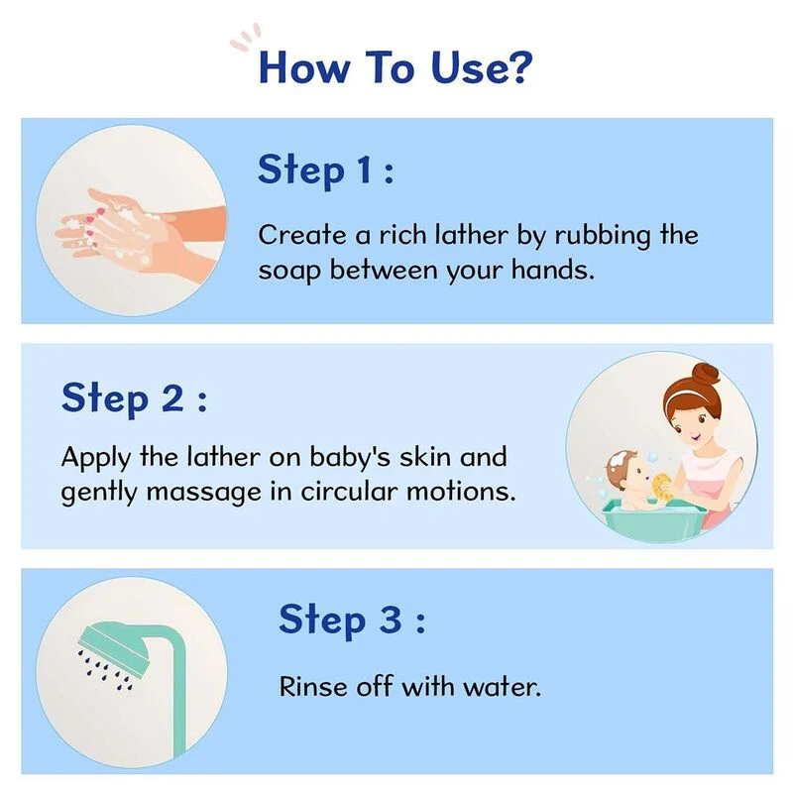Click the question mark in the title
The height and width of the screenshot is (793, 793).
point(517,66)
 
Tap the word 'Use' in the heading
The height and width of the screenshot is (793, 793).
point(464,66)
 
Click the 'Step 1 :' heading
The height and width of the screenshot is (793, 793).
point(326,170)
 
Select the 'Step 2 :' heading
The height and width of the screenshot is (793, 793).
point(134,398)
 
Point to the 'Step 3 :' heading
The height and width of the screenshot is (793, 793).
point(352,621)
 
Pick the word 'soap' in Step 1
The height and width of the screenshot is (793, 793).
point(289,271)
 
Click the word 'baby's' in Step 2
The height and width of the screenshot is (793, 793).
point(350,457)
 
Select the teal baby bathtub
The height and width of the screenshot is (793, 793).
point(654,517)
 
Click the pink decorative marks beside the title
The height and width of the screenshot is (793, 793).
point(246,37)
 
